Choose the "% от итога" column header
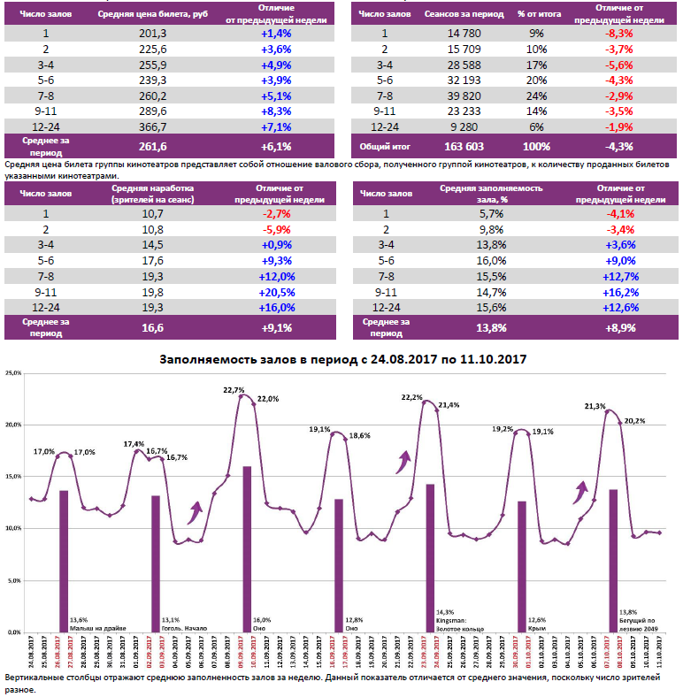click(537, 15)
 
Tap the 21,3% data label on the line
click(595, 406)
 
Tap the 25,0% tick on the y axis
click(12, 373)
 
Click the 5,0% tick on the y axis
click(12, 581)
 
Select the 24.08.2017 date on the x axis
click(31, 654)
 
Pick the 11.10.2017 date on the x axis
click(660, 654)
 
